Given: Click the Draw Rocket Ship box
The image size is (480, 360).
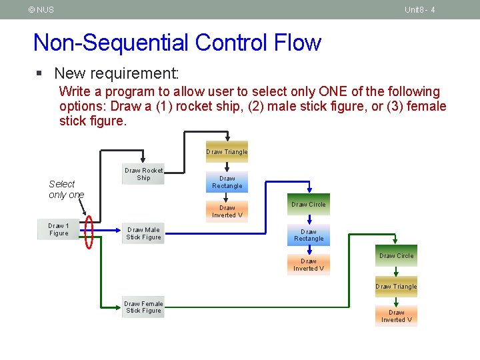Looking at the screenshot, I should point(143,174).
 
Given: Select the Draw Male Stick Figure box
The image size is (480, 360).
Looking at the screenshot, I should point(143,233).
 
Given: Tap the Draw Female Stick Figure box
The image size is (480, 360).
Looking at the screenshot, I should point(143,307).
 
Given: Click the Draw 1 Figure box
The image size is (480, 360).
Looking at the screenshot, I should point(58,229).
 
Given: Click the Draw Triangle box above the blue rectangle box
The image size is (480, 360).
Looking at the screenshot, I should point(227,152).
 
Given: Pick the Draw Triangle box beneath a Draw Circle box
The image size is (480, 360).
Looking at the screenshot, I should point(396,287).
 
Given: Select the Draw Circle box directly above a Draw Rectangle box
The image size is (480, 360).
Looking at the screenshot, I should point(308,205).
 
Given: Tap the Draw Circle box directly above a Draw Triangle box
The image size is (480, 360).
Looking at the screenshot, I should point(396,256).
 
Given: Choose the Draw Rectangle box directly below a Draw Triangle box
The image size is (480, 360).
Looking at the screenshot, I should point(227,182).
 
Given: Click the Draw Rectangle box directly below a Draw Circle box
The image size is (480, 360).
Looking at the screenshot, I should point(308,235).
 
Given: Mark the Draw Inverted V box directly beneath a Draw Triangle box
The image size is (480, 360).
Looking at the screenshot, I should point(396,316).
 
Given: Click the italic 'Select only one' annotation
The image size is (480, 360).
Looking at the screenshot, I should point(66,189).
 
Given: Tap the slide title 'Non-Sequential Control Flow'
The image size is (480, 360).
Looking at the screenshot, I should point(177,43).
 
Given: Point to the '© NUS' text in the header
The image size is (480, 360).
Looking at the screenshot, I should point(41,9).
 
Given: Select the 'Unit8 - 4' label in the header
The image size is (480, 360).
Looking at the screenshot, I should point(419,9).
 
